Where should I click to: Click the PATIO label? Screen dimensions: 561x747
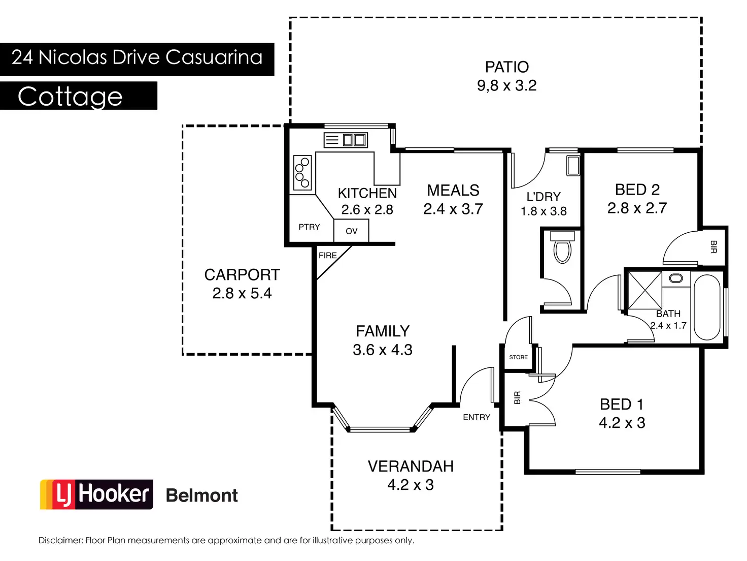506,67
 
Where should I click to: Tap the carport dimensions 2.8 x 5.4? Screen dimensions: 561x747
242,294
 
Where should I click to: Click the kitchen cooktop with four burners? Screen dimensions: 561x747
302,172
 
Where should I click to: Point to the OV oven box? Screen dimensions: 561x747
351,231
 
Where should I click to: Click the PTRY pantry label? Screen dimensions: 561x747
309,227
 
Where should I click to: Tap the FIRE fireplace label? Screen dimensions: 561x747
327,256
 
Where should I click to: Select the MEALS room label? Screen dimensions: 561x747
453,191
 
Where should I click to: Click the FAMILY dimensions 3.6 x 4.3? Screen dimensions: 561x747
383,350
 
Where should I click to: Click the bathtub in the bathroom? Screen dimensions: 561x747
706,307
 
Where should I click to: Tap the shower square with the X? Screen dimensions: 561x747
645,290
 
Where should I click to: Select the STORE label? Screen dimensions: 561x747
518,357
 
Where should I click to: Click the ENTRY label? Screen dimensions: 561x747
477,417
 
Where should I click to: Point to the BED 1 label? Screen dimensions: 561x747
622,404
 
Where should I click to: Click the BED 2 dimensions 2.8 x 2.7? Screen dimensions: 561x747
637,208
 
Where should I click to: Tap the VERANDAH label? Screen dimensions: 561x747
411,466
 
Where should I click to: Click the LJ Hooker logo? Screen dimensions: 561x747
96,494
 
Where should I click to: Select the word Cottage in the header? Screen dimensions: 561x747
70,96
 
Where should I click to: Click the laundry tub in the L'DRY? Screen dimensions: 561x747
573,165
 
